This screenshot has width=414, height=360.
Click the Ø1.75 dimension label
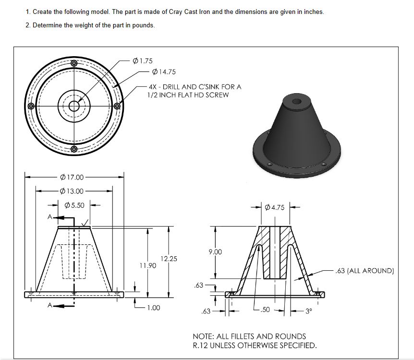click(x=142, y=61)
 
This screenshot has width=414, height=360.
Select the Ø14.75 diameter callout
click(x=163, y=72)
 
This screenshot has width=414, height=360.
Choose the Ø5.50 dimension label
click(x=74, y=205)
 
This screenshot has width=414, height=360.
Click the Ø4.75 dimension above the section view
click(x=274, y=208)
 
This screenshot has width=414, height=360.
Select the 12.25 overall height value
click(x=169, y=259)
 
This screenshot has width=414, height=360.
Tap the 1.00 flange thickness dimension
click(x=153, y=308)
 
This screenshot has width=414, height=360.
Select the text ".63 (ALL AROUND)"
click(x=365, y=271)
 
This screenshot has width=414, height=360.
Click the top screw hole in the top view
click(x=73, y=63)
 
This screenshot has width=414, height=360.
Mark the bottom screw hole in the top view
click(x=73, y=149)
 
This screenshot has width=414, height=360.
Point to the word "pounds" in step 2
click(x=143, y=25)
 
